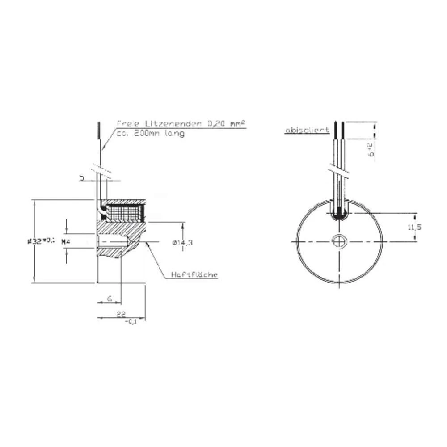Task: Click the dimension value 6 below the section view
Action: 109,298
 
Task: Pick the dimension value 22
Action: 121,314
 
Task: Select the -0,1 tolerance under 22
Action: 131,322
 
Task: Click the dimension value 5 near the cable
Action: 82,177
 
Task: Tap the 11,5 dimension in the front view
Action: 414,227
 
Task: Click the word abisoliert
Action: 307,130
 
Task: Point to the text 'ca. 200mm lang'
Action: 150,133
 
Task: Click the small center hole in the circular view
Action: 339,240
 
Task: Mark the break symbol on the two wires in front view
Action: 338,171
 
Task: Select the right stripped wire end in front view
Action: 342,129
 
